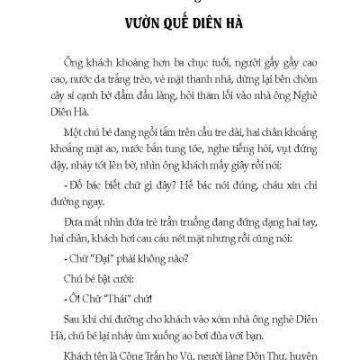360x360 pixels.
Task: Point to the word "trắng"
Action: click(x=158, y=77)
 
